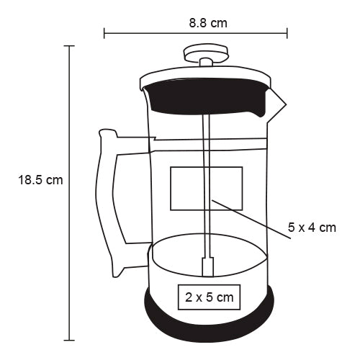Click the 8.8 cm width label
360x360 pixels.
click(208, 22)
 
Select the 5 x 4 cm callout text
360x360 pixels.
click(312, 228)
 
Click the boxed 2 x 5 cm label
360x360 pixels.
click(209, 296)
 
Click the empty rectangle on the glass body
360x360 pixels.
click(206, 188)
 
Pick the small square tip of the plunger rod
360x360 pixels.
click(208, 266)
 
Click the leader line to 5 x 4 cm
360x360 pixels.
click(248, 215)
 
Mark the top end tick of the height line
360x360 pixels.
click(70, 46)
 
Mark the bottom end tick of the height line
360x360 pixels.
click(70, 339)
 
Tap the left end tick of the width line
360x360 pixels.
click(104, 32)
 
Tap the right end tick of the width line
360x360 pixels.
click(287, 32)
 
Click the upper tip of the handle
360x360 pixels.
click(106, 132)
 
